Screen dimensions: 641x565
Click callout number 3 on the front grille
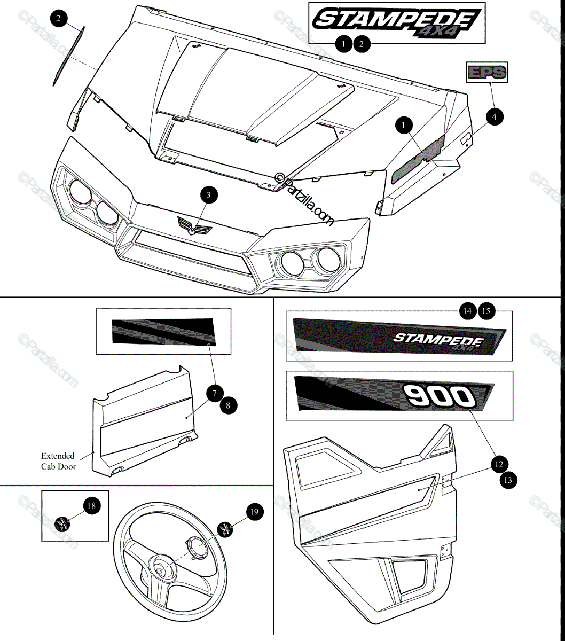[x=208, y=195]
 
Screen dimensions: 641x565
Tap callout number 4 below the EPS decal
[x=495, y=116]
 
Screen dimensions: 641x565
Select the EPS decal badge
[x=487, y=72]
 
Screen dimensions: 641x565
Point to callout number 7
[x=215, y=394]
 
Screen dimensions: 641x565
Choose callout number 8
[x=228, y=405]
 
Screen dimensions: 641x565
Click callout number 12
[x=498, y=464]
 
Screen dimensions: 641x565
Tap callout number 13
[x=508, y=480]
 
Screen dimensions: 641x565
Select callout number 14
[x=468, y=311]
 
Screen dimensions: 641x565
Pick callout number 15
[x=486, y=311]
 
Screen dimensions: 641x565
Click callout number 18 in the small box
[x=92, y=505]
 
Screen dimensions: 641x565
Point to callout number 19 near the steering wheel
[x=254, y=512]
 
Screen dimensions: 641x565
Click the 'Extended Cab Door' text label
[x=58, y=461]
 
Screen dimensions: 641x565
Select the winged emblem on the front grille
[x=194, y=226]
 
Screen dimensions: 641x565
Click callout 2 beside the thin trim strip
[x=58, y=19]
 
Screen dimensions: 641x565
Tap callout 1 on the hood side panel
[x=404, y=126]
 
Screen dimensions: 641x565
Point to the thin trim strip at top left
[x=68, y=56]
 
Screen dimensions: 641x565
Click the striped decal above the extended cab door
[x=163, y=332]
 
